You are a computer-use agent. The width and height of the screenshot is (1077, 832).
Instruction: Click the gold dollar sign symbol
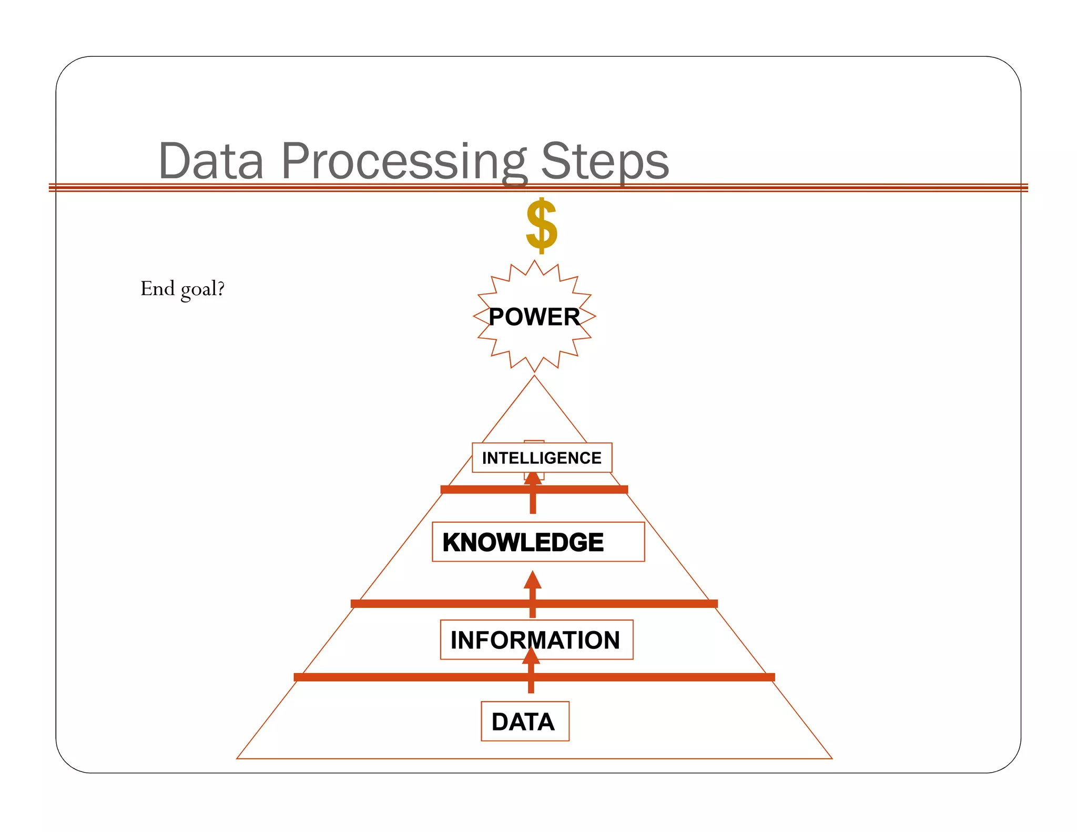pyautogui.click(x=541, y=226)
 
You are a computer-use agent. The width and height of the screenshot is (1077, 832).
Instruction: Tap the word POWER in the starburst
pyautogui.click(x=534, y=317)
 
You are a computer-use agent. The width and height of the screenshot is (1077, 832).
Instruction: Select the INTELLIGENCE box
pyautogui.click(x=542, y=458)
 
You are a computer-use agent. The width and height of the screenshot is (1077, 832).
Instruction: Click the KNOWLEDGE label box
pyautogui.click(x=538, y=542)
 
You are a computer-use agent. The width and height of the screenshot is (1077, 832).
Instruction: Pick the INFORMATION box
pyautogui.click(x=536, y=640)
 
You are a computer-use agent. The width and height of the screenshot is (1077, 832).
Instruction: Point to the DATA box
pyautogui.click(x=525, y=721)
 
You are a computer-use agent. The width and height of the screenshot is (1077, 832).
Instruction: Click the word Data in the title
pyautogui.click(x=211, y=161)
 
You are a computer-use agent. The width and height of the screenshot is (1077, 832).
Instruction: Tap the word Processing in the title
pyautogui.click(x=403, y=161)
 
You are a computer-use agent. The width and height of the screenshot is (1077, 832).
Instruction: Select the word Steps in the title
pyautogui.click(x=605, y=161)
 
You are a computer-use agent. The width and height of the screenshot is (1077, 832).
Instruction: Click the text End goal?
pyautogui.click(x=182, y=289)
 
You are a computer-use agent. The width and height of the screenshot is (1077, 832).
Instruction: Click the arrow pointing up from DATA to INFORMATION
pyautogui.click(x=531, y=671)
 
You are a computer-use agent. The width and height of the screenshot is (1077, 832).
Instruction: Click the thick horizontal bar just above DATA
pyautogui.click(x=400, y=677)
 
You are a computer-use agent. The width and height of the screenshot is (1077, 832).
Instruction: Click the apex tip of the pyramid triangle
pyautogui.click(x=534, y=376)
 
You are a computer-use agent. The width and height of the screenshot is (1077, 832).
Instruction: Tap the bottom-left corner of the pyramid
pyautogui.click(x=238, y=758)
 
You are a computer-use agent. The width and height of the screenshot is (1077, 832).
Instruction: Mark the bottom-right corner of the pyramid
pyautogui.click(x=831, y=758)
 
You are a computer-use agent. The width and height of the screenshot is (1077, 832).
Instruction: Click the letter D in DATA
pyautogui.click(x=500, y=722)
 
